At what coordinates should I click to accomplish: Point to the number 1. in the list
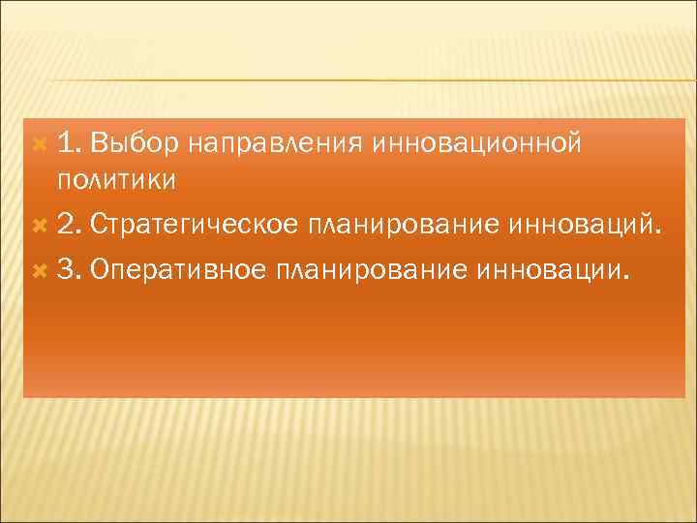click(68, 144)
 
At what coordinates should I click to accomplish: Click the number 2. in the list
click(69, 226)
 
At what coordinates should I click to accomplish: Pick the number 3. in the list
click(69, 267)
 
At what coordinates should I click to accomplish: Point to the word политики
click(116, 180)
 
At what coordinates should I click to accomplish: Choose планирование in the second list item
click(401, 227)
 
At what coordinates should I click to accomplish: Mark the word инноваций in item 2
click(578, 226)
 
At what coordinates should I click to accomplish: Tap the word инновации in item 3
click(545, 267)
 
